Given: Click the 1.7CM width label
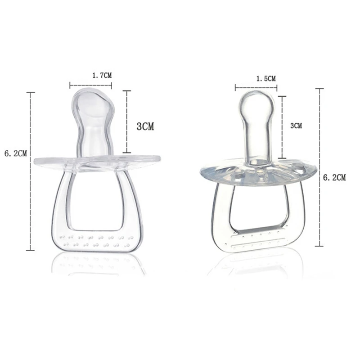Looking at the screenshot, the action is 102,75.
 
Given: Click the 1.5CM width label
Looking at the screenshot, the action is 266,79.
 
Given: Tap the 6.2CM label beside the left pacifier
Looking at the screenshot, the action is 16,153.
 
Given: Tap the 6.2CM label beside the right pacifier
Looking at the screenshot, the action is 334,177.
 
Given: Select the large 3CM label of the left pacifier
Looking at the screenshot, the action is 145,126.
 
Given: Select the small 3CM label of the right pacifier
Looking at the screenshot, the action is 296,126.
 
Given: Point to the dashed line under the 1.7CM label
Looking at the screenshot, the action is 90,85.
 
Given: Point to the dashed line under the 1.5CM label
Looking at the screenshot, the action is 256,87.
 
